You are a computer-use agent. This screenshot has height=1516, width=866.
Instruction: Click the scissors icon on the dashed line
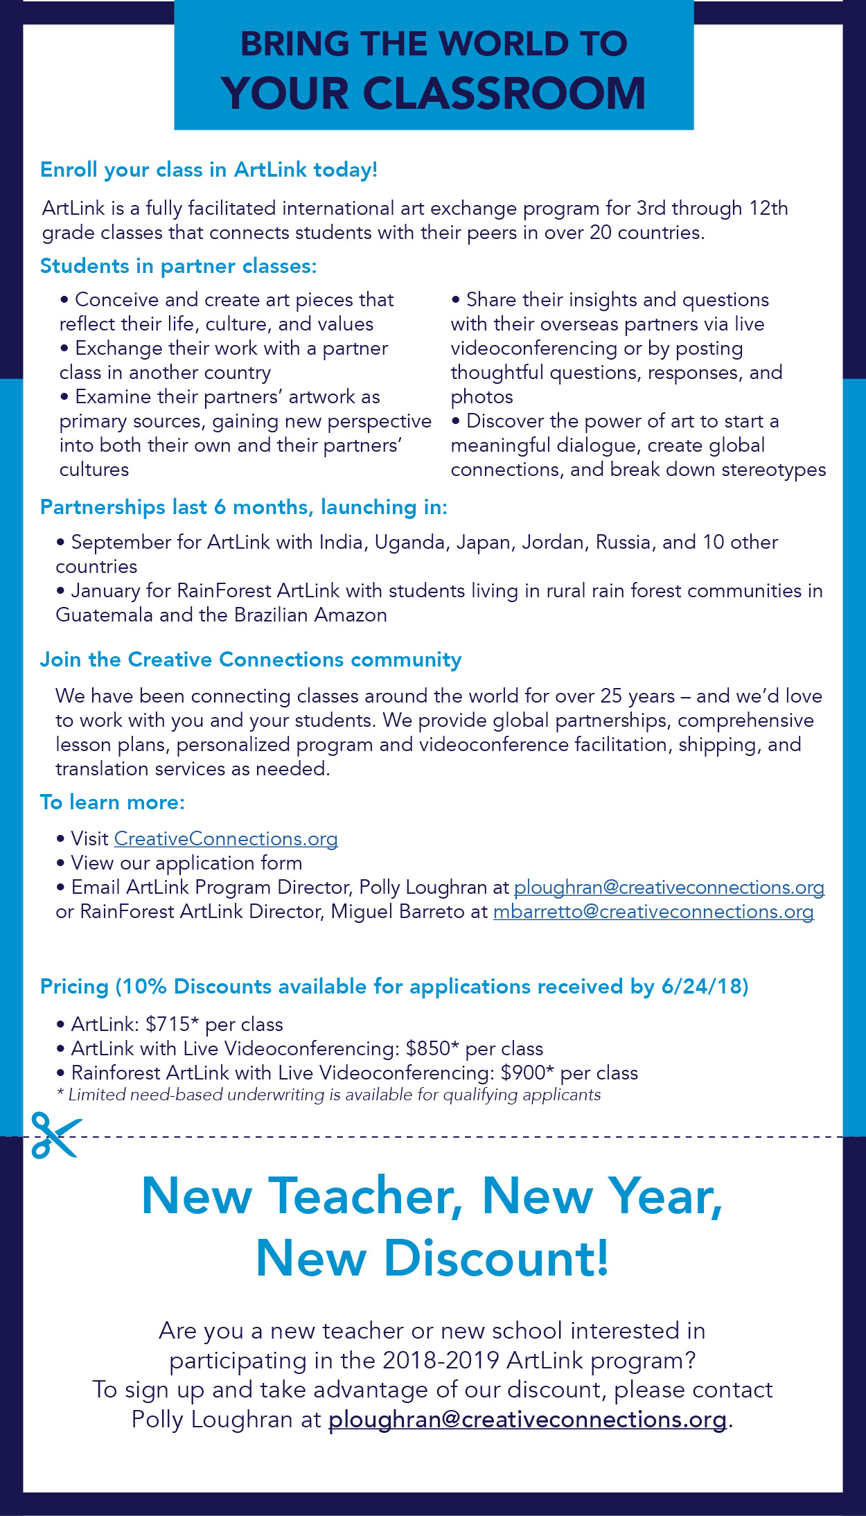55,1135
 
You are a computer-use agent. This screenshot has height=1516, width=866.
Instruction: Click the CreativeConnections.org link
226,838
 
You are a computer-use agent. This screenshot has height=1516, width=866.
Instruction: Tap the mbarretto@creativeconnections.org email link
653,911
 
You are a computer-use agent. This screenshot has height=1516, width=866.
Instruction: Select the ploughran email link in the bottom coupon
527,1419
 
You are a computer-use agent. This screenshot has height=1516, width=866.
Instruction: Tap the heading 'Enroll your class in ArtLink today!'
209,170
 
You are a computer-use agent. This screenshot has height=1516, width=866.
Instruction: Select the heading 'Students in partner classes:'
178,266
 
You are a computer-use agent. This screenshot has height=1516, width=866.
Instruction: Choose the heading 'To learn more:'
112,802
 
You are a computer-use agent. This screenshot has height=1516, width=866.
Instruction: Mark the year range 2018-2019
441,1360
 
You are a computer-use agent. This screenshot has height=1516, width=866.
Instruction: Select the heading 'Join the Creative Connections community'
250,660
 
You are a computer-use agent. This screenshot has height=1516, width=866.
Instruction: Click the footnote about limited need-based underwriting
328,1095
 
